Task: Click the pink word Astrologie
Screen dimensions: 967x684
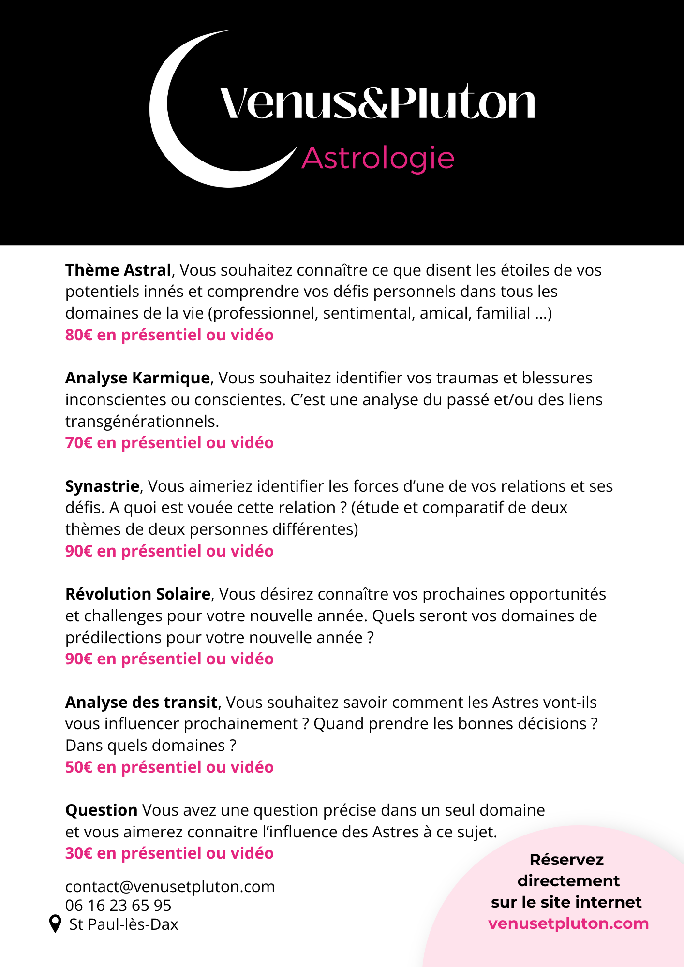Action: click(378, 158)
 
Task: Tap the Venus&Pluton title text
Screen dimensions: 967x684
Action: click(377, 103)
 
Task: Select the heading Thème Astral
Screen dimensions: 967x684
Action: click(118, 270)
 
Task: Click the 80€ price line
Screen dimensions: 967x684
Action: click(169, 335)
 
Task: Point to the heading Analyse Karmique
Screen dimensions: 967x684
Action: click(137, 378)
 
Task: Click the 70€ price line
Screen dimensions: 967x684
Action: click(169, 442)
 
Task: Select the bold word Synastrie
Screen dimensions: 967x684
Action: click(102, 486)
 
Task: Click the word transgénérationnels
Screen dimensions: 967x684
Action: click(142, 421)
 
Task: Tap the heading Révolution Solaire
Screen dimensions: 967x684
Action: click(138, 594)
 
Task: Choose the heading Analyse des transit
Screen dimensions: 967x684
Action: click(141, 702)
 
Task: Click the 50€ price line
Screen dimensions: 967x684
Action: click(169, 767)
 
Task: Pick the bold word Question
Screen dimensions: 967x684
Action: click(102, 810)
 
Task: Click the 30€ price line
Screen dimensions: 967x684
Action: click(169, 853)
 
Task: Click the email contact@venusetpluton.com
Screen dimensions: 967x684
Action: click(170, 886)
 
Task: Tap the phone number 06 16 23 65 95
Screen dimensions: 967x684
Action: click(118, 905)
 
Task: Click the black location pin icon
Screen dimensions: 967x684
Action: click(56, 923)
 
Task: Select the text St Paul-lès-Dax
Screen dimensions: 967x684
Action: click(124, 924)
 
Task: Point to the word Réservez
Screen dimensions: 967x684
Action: click(566, 860)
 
